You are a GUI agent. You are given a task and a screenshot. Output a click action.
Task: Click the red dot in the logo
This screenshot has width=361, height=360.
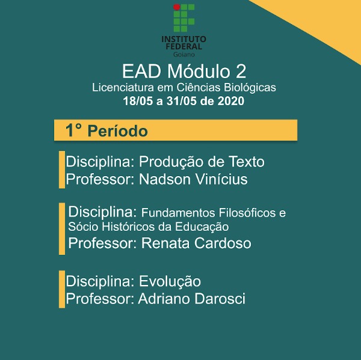click(x=176, y=7)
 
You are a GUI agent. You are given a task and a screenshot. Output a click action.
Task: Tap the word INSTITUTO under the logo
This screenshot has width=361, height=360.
click(x=184, y=39)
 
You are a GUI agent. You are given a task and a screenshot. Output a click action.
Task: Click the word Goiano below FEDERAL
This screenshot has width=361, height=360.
click(x=184, y=55)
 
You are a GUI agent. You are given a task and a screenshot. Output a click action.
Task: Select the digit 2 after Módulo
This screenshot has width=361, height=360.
click(x=241, y=72)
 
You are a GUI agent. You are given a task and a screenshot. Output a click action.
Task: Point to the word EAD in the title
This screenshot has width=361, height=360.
click(x=141, y=72)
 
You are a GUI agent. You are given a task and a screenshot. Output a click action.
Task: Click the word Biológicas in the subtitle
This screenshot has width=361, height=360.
click(x=250, y=88)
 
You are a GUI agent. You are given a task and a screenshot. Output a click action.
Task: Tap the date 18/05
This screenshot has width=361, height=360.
click(x=138, y=101)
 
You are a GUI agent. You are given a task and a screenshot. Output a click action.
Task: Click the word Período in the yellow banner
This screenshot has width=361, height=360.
click(x=118, y=130)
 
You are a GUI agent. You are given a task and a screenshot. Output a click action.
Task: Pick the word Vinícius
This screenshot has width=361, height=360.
click(x=221, y=179)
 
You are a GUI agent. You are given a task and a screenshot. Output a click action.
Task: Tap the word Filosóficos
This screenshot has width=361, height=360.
click(x=247, y=213)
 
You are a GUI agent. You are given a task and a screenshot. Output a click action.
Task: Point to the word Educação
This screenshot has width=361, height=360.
click(x=202, y=227)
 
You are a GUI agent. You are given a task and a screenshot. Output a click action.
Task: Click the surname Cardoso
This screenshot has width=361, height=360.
click(x=223, y=243)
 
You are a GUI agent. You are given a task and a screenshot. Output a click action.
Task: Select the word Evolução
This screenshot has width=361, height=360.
click(x=170, y=281)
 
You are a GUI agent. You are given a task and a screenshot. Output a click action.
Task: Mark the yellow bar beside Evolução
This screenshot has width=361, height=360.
click(x=62, y=289)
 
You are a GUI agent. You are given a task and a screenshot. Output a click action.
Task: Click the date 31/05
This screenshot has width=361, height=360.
click(x=182, y=101)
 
